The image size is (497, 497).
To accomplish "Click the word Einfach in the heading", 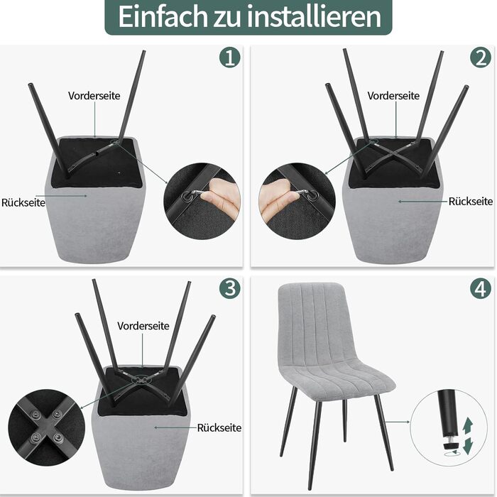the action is tap(163, 16).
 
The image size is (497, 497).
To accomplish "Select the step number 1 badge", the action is tap(230, 58).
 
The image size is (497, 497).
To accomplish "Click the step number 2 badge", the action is tap(481, 58).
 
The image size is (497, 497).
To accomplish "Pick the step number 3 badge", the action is tap(230, 288).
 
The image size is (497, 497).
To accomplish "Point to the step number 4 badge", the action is tap(481, 288).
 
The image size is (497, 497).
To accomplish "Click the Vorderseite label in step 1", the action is tap(94, 96).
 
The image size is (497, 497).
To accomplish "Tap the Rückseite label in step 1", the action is tap(23, 202).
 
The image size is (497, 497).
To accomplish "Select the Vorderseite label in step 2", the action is tap(393, 96).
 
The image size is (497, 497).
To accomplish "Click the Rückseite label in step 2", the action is tap(471, 201).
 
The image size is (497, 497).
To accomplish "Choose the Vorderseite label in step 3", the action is tap(143, 326).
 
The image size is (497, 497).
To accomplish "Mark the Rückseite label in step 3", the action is tap(219, 428).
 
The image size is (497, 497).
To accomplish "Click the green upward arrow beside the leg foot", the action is tap(467, 426).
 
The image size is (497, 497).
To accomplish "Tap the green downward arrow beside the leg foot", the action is tap(467, 446).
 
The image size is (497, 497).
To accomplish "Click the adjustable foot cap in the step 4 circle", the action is tap(450, 446).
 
